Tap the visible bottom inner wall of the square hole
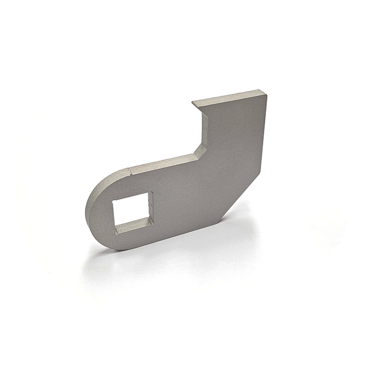point(135,226)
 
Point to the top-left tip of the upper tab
point(192,102)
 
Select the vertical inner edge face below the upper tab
point(203,126)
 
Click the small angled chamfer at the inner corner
point(200,152)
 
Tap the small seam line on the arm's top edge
point(128,170)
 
